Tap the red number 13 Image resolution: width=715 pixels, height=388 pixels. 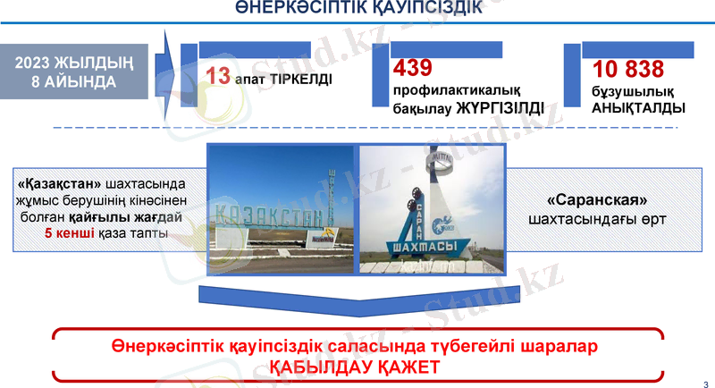(218, 75)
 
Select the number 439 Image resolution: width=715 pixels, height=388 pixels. (412, 68)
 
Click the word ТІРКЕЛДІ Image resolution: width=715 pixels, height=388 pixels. (297, 79)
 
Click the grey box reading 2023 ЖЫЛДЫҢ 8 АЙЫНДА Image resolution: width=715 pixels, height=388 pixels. (80, 72)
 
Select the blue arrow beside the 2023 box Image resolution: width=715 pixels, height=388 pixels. (167, 65)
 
